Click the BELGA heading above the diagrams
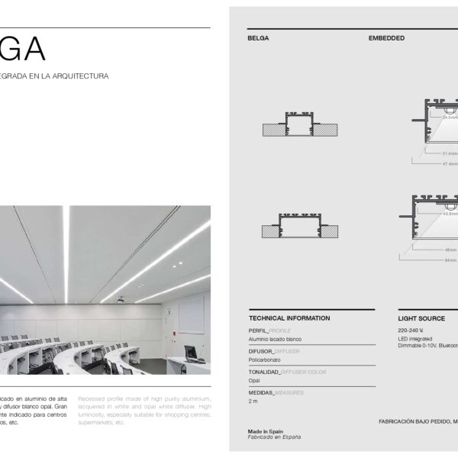258,37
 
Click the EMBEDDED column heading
386,37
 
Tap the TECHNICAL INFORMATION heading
289,318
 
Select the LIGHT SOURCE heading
422,318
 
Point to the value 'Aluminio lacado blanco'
276,338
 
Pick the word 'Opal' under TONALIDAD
254,379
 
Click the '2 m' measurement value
253,401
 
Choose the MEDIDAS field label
260,392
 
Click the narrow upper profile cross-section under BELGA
300,125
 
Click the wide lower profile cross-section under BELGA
299,227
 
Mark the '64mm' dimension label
451,260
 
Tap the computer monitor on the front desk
190,353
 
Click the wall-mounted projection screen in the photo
192,315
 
